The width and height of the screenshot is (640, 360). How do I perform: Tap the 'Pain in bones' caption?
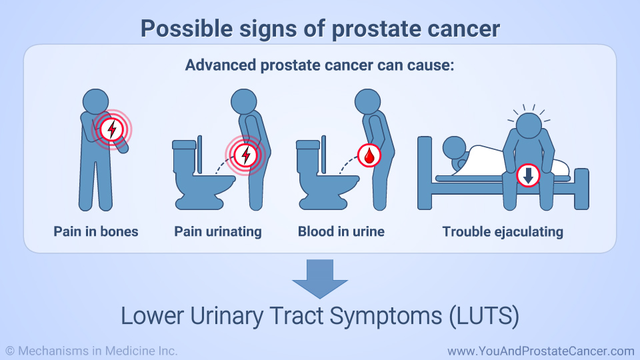pyautogui.click(x=96, y=231)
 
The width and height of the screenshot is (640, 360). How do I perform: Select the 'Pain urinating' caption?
pyautogui.click(x=218, y=232)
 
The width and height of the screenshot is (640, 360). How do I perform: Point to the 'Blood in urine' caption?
pyautogui.click(x=341, y=231)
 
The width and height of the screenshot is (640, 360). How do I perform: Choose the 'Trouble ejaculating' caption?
pyautogui.click(x=503, y=232)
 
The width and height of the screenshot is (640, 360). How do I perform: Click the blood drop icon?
pyautogui.click(x=369, y=155)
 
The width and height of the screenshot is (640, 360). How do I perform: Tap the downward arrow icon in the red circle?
pyautogui.click(x=528, y=175)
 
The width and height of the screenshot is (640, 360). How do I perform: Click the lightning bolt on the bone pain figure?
pyautogui.click(x=112, y=129)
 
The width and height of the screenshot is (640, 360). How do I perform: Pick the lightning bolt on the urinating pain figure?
pyautogui.click(x=246, y=155)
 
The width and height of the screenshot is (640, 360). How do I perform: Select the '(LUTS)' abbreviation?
pyautogui.click(x=484, y=316)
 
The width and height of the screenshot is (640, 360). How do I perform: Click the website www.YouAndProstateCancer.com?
pyautogui.click(x=541, y=351)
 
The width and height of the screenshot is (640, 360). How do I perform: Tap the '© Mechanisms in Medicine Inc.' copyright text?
pyautogui.click(x=91, y=351)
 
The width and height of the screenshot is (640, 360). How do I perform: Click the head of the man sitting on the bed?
pyautogui.click(x=529, y=126)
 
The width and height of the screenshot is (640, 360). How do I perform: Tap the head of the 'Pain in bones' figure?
pyautogui.click(x=95, y=101)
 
